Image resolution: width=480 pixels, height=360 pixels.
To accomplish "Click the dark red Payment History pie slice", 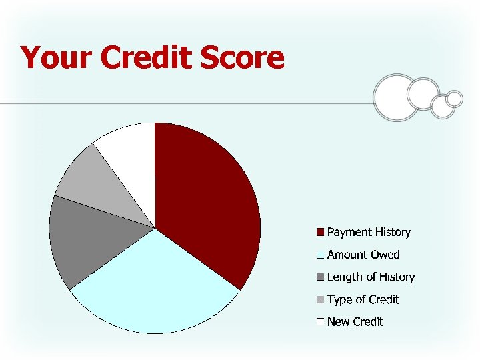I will coord(207,200).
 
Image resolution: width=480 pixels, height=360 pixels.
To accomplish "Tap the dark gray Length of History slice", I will coord(87,240).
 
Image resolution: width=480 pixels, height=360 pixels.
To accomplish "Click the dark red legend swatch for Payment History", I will coord(320,233).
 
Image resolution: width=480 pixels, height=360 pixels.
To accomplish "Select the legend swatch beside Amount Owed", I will coord(320,255).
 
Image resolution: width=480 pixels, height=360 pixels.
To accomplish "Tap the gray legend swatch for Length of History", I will coord(320,277).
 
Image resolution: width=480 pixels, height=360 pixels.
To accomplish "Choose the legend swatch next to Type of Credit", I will coord(320,300).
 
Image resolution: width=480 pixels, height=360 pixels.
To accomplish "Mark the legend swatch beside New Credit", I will coord(320,322).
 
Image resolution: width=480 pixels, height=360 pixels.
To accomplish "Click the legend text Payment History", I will coord(369,233).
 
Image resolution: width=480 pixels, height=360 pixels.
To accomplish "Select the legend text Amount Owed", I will coord(363,255).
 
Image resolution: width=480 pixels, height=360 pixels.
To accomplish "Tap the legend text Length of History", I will coord(371,277).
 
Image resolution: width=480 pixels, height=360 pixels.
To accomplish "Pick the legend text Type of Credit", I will coord(363,300).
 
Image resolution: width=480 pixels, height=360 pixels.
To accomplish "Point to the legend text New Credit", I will coord(355,322).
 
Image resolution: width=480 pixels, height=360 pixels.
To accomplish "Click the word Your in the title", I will coord(57,58).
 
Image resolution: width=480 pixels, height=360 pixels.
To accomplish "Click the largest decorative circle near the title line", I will coord(397,98).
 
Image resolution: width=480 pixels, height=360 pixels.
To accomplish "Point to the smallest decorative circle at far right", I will coord(454,99).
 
